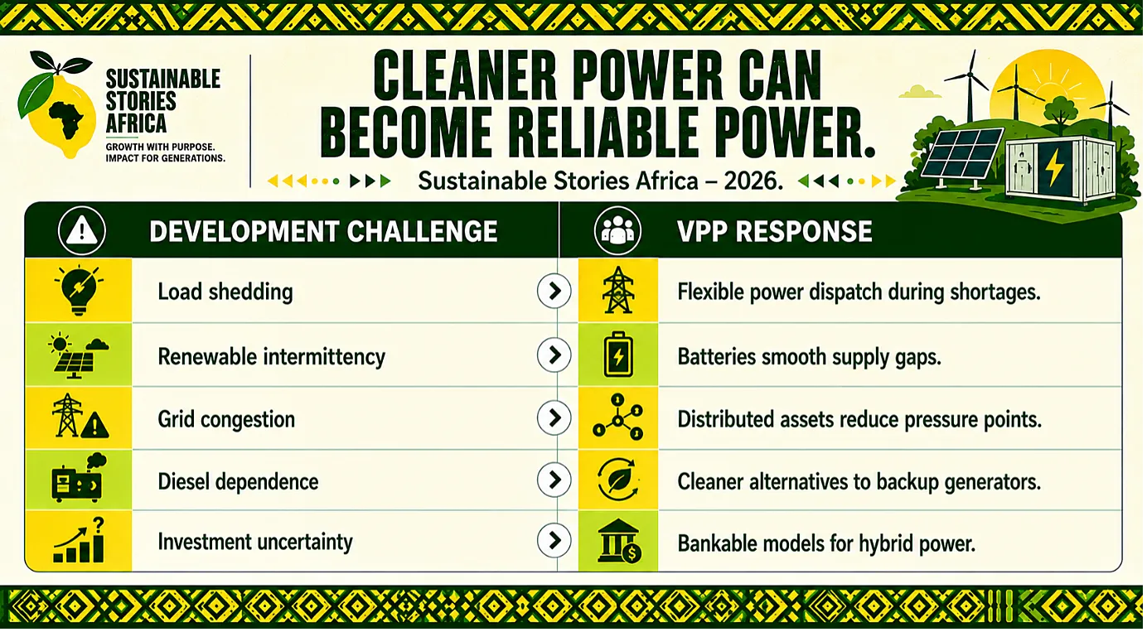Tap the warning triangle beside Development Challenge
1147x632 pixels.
coord(82,231)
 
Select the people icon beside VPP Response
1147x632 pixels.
coord(617,230)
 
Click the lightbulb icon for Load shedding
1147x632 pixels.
coord(80,290)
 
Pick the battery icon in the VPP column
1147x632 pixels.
coord(618,355)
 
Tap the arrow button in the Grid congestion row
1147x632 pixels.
coord(554,418)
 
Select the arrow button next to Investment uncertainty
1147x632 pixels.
coord(554,540)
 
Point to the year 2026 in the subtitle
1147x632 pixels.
coord(753,181)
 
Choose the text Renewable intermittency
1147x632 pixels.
coord(271,357)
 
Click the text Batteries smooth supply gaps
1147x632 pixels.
coord(810,357)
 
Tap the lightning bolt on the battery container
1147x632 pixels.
coord(1055,166)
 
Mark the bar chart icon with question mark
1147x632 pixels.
coord(80,540)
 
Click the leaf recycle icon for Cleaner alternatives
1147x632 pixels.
coord(618,480)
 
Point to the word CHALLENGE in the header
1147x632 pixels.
coord(422,231)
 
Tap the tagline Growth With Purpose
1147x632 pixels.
coord(160,147)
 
